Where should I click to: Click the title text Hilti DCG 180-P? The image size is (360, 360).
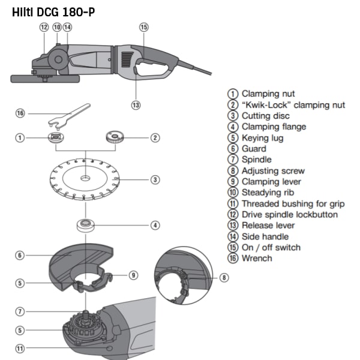(x=53, y=12)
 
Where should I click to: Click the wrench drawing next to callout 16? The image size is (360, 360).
(x=69, y=116)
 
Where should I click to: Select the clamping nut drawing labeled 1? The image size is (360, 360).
(x=56, y=138)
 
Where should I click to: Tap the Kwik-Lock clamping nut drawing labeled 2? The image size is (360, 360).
(x=115, y=137)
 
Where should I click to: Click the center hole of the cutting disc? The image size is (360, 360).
(x=85, y=178)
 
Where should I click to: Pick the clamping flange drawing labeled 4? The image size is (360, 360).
(x=85, y=225)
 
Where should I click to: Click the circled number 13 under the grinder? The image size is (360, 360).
(x=136, y=105)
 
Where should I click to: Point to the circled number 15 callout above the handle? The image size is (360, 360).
(x=144, y=27)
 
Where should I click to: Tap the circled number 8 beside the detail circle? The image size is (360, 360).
(x=224, y=278)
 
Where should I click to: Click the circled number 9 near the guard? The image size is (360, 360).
(x=133, y=275)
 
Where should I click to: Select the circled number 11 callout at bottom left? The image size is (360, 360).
(x=20, y=349)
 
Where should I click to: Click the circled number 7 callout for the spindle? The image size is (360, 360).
(x=20, y=311)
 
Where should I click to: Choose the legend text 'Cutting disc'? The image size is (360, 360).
(x=266, y=116)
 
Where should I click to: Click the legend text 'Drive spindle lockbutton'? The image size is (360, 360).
(x=290, y=214)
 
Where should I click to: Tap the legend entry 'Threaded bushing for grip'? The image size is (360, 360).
(x=293, y=203)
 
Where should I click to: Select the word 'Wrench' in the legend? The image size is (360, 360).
(x=257, y=258)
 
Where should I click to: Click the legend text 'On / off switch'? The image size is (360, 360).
(x=271, y=247)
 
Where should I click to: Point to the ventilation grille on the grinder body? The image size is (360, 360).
(x=127, y=59)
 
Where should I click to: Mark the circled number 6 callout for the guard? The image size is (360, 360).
(x=20, y=256)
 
